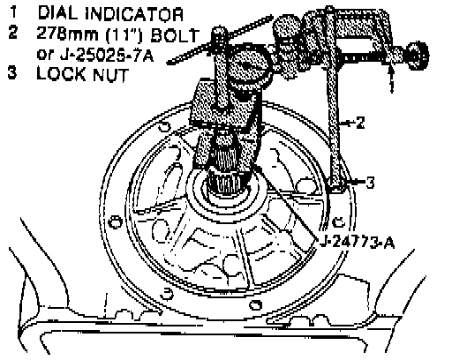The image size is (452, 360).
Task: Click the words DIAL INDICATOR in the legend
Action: coord(110,13)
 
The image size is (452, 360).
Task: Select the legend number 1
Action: coord(14,12)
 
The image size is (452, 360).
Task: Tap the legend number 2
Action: coord(13,33)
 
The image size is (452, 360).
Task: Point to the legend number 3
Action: coord(12,72)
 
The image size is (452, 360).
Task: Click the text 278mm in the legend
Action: coord(68,34)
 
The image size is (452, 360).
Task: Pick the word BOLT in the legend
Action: coord(175,35)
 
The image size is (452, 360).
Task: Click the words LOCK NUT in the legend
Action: coord(83,74)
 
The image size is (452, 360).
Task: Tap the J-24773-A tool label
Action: coord(358,243)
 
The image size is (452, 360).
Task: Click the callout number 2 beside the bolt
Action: coord(360,123)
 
